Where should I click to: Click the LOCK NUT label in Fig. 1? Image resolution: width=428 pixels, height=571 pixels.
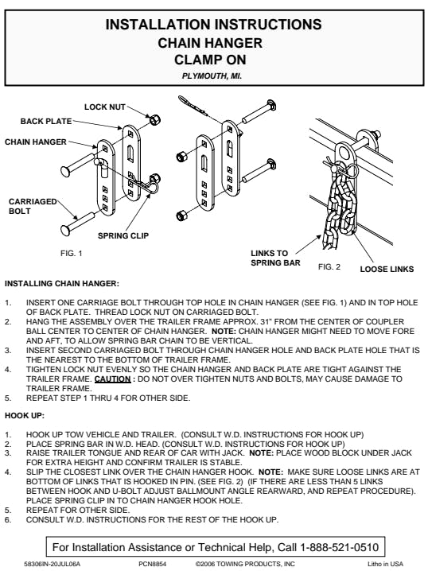[x=105, y=107]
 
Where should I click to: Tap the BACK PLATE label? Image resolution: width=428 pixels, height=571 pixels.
[x=46, y=121]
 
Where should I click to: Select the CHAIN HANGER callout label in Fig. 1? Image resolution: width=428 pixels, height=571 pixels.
[x=36, y=142]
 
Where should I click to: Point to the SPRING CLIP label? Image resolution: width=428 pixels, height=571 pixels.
[x=123, y=235]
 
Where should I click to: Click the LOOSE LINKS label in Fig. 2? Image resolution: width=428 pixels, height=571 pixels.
[x=387, y=269]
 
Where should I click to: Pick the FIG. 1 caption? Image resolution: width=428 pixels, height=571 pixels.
[x=72, y=253]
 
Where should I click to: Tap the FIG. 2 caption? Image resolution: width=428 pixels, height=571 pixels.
[x=329, y=267]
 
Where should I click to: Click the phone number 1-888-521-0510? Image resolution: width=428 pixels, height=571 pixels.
[x=340, y=547]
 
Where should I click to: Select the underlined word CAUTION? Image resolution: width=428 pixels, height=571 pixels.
[x=112, y=379]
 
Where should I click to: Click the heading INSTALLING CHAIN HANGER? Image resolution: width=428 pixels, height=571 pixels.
[x=62, y=283]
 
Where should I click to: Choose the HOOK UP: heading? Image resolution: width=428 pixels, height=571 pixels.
[x=25, y=415]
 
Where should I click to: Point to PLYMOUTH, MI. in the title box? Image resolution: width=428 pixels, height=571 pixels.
[x=212, y=76]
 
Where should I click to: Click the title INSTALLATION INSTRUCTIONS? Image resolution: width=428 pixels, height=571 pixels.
[x=214, y=25]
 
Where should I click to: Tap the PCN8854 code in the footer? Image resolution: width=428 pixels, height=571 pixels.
[x=152, y=564]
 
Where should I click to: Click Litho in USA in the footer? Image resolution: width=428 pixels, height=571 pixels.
[x=385, y=564]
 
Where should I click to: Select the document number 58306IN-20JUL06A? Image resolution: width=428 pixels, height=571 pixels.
[x=52, y=564]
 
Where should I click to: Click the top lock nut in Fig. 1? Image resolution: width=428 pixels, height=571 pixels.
[x=155, y=119]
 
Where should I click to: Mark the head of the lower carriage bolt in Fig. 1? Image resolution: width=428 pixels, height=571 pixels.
[x=66, y=230]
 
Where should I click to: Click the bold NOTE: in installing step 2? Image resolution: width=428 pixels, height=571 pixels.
[x=224, y=332]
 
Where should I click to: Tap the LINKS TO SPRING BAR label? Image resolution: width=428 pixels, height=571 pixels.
[x=275, y=258]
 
